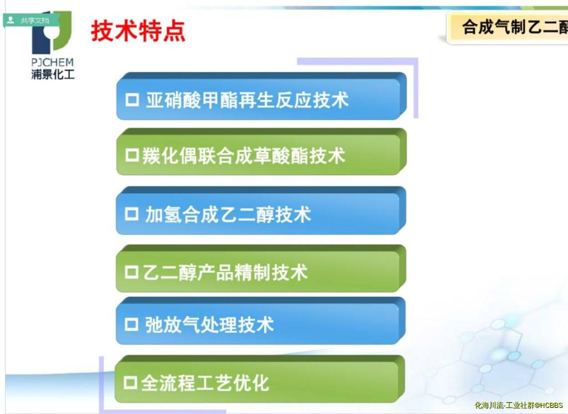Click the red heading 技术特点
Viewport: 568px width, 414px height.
click(138, 31)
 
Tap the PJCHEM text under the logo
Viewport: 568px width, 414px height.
click(53, 62)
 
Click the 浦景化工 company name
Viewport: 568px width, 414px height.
click(53, 74)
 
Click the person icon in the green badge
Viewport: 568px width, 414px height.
click(11, 20)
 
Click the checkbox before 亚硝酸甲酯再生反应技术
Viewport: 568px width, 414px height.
click(132, 100)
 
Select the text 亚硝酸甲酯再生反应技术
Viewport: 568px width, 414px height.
click(247, 100)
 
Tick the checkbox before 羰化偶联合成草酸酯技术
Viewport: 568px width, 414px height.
click(132, 155)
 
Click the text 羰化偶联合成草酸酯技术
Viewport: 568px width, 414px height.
click(244, 156)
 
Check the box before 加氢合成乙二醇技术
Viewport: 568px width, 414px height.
click(131, 214)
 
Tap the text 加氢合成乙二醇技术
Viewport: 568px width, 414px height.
click(228, 214)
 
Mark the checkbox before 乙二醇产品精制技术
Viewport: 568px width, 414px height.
click(131, 272)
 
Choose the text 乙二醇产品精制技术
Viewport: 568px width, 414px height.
click(225, 272)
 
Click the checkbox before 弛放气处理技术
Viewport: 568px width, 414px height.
click(131, 324)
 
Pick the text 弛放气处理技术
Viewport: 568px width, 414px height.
click(209, 325)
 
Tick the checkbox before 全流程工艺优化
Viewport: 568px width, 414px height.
click(130, 382)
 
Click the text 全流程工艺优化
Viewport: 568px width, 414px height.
click(205, 383)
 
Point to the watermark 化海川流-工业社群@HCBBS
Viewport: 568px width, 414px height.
click(519, 405)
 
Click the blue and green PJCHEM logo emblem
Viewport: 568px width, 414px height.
click(52, 33)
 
